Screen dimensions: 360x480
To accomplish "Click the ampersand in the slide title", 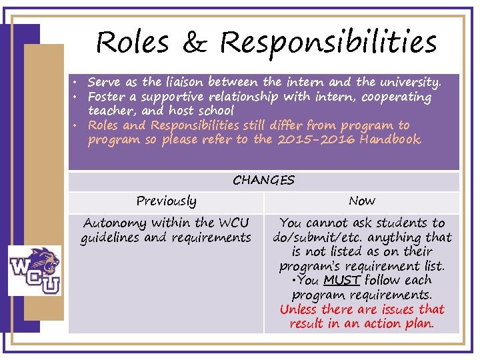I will point(194,43).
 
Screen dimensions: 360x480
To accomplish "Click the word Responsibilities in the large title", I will point(328,43).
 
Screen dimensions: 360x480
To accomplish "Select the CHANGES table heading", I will point(263,181).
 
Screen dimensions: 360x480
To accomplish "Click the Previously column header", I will point(166,201).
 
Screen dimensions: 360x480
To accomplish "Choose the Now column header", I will point(362,201).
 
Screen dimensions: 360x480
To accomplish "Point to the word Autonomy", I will point(111,223).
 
